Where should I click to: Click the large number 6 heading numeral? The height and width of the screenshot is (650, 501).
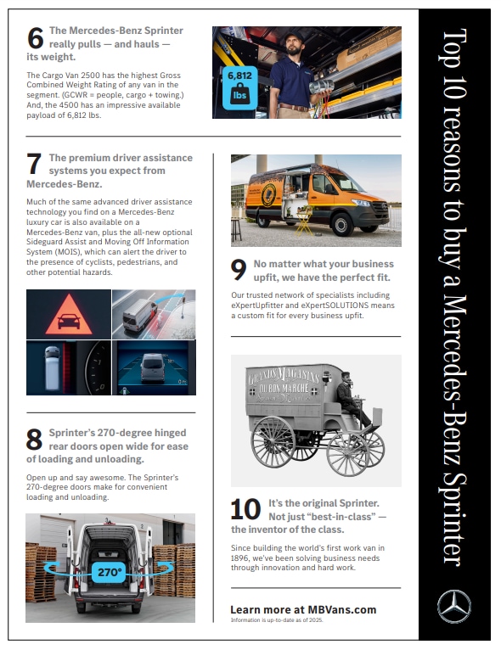[36, 38]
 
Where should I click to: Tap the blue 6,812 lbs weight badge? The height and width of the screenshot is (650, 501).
[239, 88]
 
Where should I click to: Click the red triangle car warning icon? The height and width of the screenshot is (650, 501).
[69, 315]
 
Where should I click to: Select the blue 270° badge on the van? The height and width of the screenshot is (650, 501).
[109, 573]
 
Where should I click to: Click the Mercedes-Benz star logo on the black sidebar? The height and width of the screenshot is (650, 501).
[454, 607]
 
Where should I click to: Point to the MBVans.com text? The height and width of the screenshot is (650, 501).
[342, 610]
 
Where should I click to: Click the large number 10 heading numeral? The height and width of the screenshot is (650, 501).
[245, 509]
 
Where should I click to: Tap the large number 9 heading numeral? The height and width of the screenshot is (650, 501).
[239, 270]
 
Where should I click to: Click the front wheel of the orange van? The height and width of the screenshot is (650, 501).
[342, 224]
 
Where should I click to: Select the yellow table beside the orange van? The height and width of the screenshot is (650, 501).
[304, 221]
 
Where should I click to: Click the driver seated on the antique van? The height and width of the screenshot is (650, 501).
[351, 398]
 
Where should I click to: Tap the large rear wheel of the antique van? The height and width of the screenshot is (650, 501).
[273, 441]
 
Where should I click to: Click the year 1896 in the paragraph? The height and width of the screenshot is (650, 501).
[239, 558]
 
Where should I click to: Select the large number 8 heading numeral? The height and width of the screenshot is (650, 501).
[34, 440]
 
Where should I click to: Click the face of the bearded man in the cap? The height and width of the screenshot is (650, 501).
[294, 46]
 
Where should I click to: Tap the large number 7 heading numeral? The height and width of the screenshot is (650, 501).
[34, 164]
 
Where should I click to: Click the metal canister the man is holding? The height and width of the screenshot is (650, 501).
[321, 87]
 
